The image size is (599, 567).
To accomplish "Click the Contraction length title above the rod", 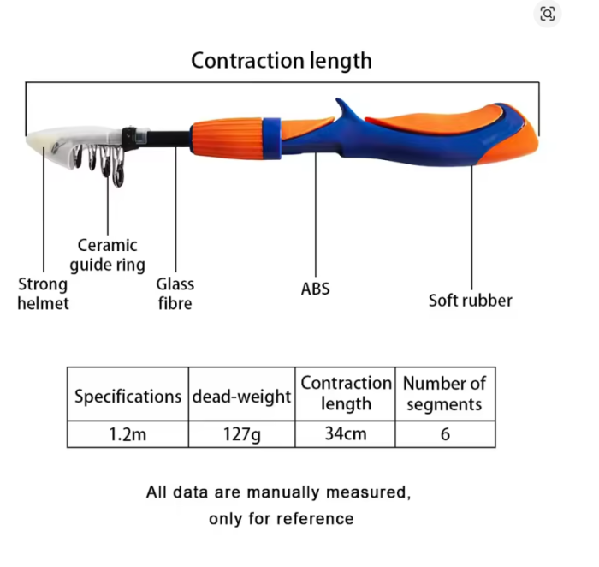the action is pos(282,61).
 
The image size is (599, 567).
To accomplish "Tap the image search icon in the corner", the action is pos(547,15).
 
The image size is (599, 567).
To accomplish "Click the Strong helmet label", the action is pos(43,294).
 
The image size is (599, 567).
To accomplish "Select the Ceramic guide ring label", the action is pos(107,255).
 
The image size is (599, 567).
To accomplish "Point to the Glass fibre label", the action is pos(175,294).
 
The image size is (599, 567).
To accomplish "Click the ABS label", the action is pos(315,289).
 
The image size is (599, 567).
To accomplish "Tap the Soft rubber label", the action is pos(471,301).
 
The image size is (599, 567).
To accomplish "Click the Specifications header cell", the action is pos(128,394).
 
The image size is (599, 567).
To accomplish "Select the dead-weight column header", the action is pos(242,394).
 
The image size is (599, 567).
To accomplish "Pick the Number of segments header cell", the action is pos(446,394).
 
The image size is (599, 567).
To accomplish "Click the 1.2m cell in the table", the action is pos(128,434).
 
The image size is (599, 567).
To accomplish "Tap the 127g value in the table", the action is pos(242,434).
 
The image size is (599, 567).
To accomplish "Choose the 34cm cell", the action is pos(346,434).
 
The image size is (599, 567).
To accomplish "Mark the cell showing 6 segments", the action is pos(446,434).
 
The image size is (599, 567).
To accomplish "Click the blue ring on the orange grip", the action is pos(272,139).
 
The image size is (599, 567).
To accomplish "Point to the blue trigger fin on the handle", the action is pos(346,110).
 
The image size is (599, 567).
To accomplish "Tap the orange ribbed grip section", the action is pos(227,137).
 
